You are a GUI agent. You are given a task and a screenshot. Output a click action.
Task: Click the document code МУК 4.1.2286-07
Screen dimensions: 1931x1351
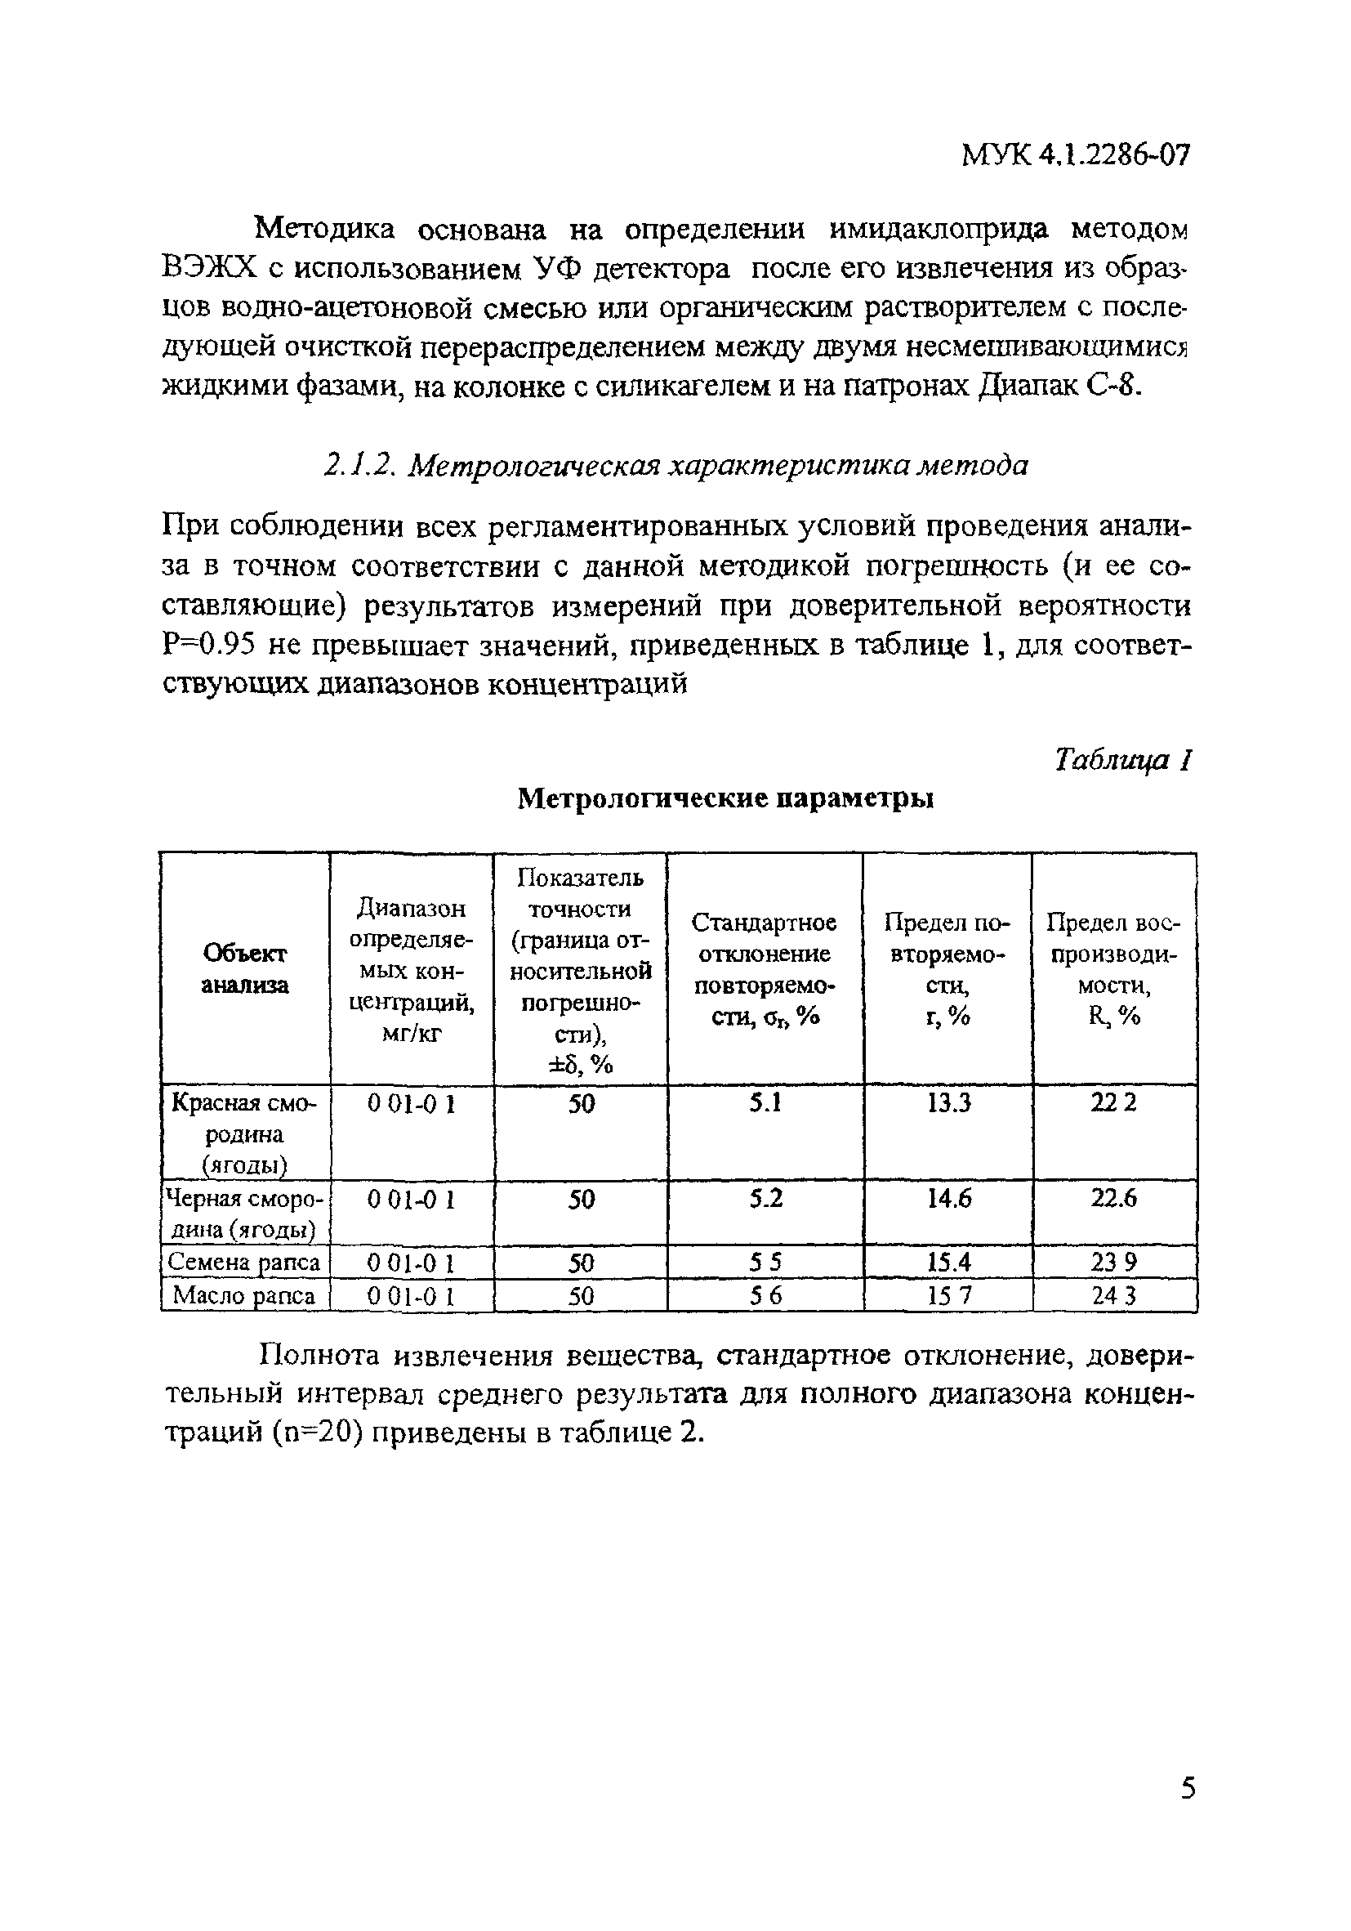point(1075,154)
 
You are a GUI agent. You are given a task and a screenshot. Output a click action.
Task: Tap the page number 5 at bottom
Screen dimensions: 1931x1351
point(1187,1810)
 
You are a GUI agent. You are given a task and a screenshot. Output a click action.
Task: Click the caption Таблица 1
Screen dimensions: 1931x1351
point(1122,759)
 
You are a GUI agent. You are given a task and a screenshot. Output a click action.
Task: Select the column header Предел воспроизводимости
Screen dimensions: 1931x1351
point(1113,969)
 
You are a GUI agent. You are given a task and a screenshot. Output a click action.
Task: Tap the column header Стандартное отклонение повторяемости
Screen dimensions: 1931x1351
point(764,969)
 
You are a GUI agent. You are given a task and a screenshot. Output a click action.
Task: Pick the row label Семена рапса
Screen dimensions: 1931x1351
point(243,1262)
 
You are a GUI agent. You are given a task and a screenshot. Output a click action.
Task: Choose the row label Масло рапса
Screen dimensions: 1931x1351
point(243,1296)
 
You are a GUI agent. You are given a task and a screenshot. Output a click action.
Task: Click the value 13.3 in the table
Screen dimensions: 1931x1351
point(948,1102)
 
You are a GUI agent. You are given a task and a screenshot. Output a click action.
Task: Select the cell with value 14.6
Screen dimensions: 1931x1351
point(948,1199)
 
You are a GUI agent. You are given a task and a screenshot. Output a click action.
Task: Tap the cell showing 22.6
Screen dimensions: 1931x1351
point(1114,1199)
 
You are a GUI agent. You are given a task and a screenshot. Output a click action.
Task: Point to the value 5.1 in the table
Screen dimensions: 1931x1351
point(765,1102)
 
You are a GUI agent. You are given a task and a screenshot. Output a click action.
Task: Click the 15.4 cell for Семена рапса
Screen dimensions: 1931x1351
point(948,1262)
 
